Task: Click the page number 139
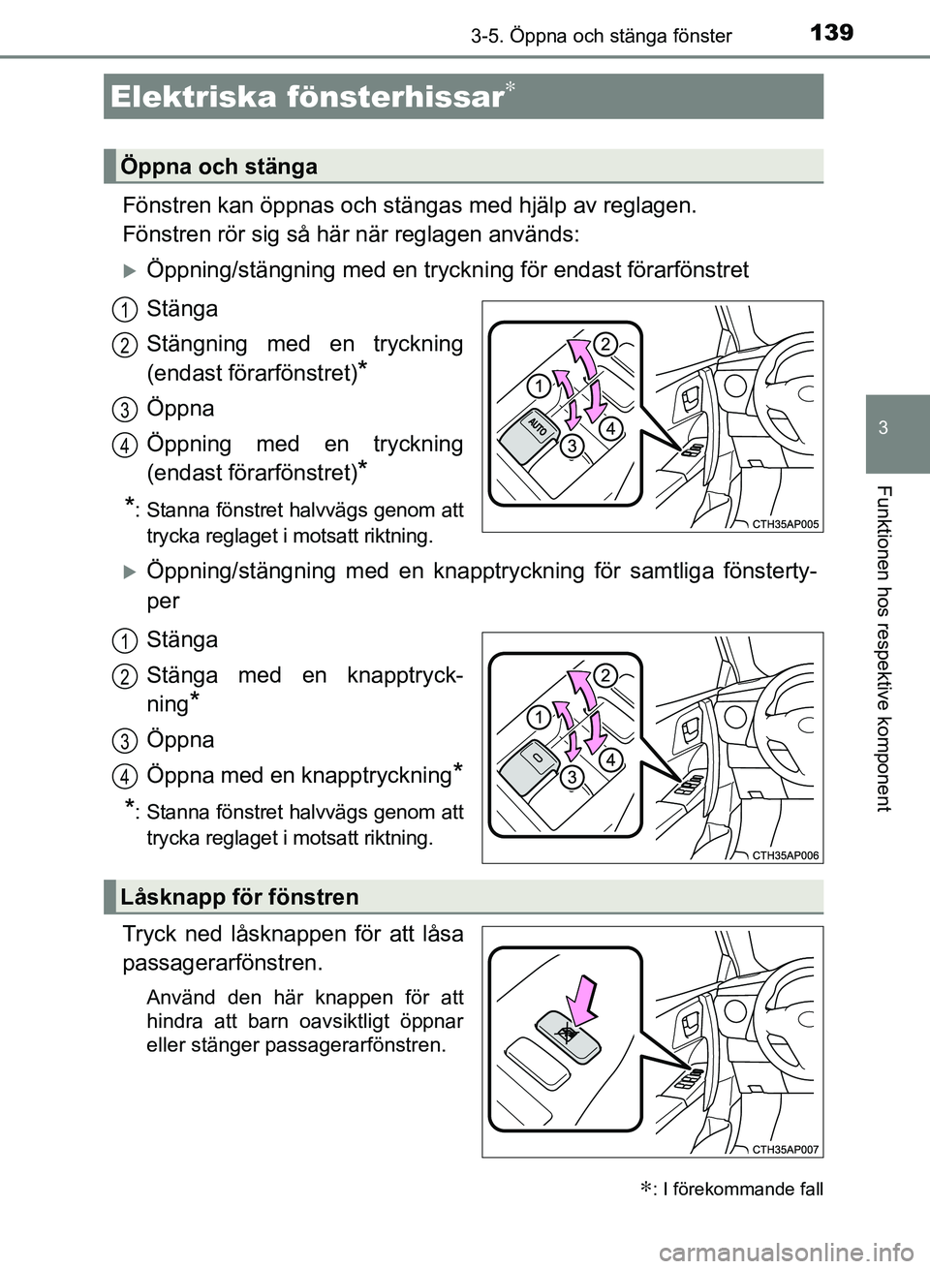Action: (830, 33)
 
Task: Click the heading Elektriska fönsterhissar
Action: (306, 97)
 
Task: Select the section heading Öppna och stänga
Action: (219, 167)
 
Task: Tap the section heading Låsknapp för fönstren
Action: (239, 897)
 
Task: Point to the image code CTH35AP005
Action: (785, 524)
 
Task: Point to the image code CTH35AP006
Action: (785, 855)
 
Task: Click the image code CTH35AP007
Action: (785, 1150)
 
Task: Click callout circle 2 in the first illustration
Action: (604, 343)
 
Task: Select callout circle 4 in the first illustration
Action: (608, 427)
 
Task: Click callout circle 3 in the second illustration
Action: (573, 777)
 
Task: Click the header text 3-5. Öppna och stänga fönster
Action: (601, 36)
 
